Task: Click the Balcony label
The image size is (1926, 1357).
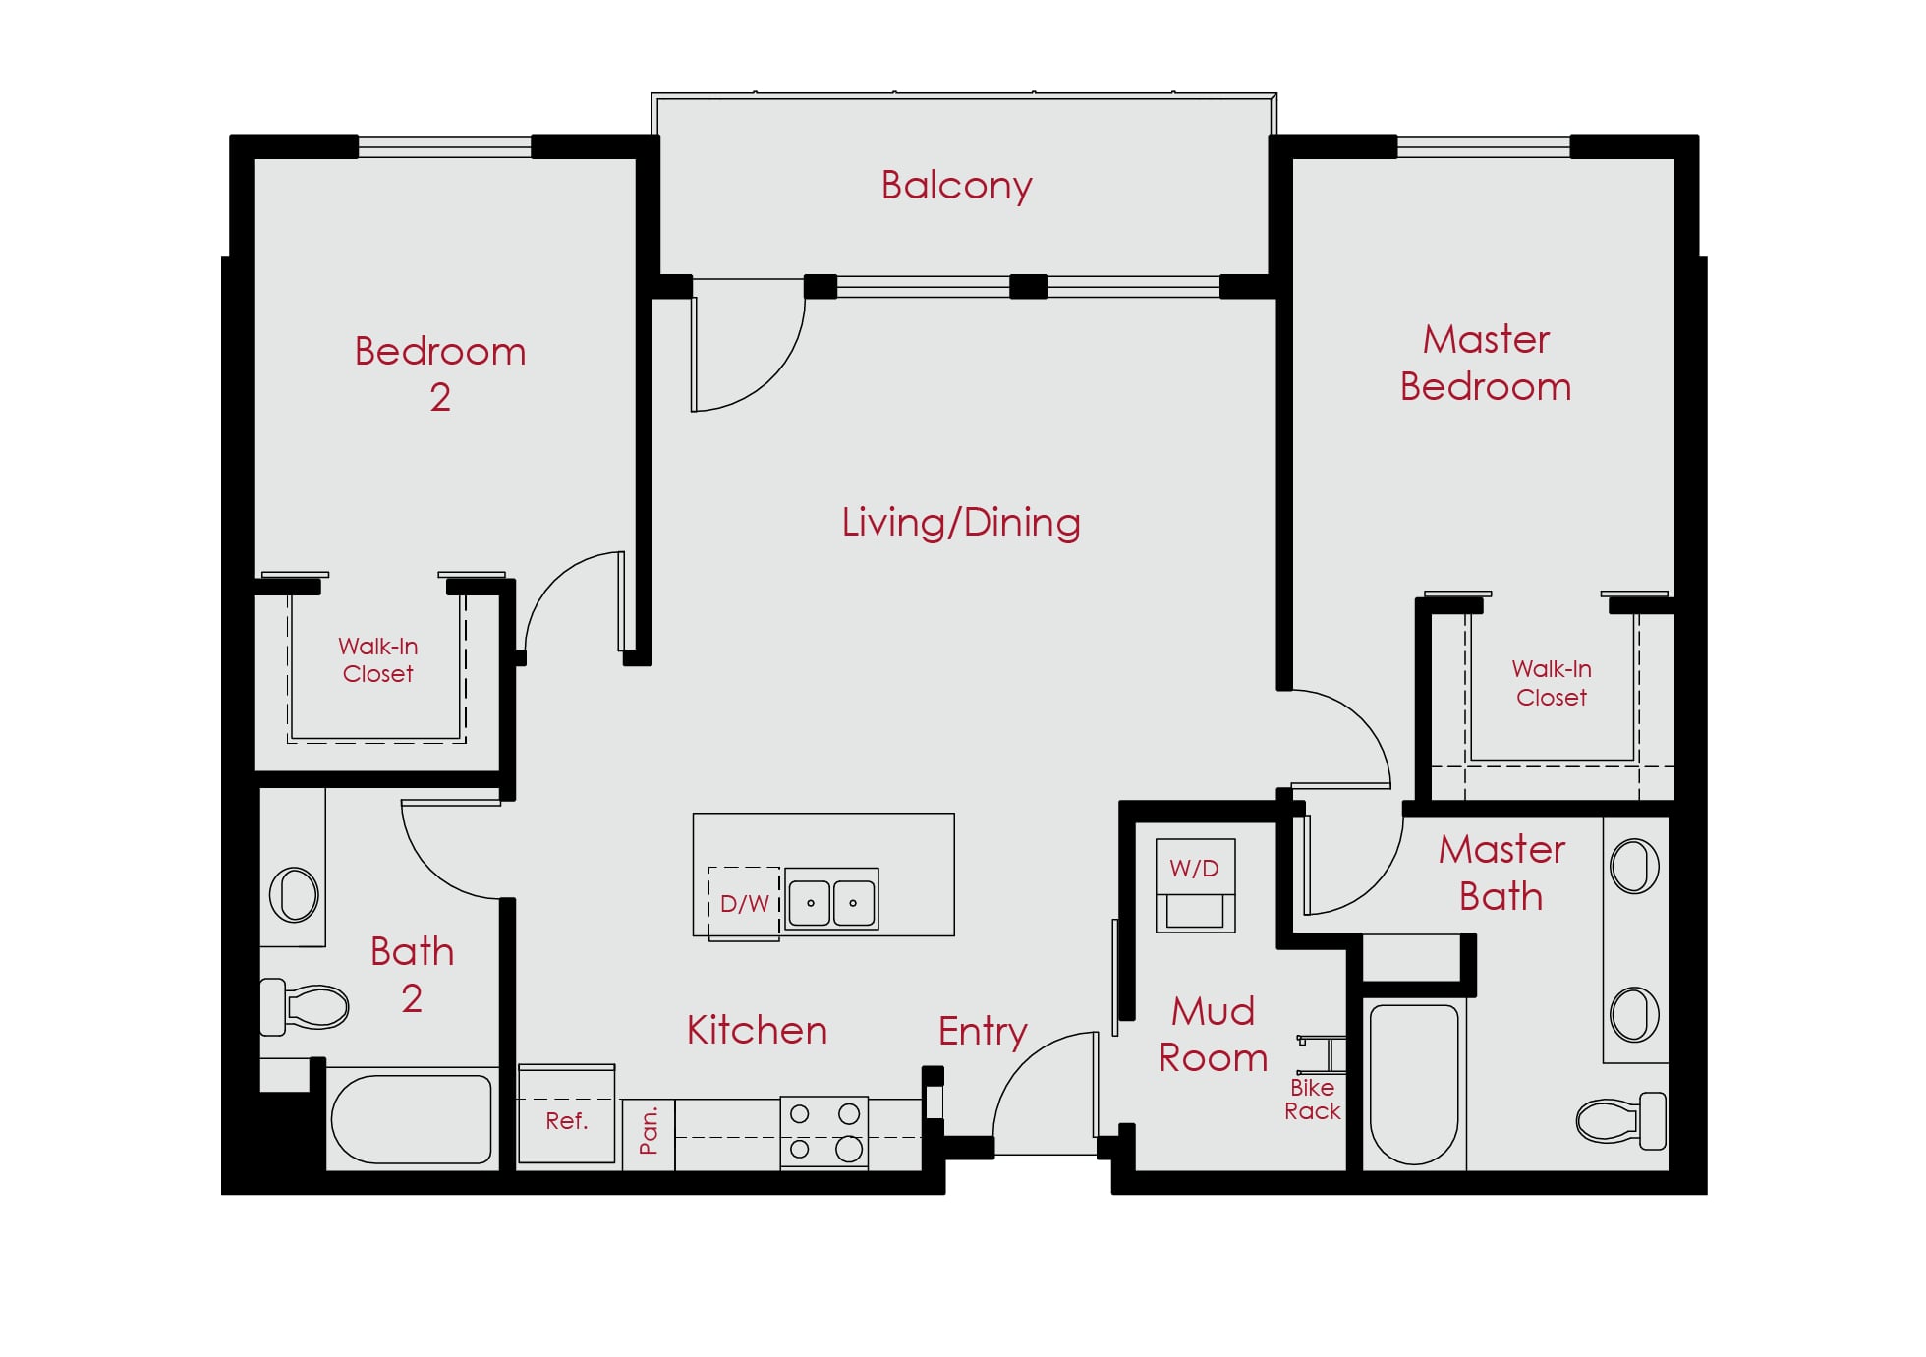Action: pyautogui.click(x=956, y=186)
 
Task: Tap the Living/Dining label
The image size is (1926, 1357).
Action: pyautogui.click(x=961, y=523)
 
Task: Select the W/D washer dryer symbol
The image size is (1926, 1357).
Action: pyautogui.click(x=1195, y=885)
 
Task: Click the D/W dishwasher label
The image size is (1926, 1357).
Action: pyautogui.click(x=744, y=904)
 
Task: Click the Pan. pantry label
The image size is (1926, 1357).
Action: pyautogui.click(x=649, y=1131)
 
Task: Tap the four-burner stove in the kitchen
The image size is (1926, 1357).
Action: pyautogui.click(x=824, y=1132)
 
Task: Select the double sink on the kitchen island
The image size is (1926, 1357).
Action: pyautogui.click(x=831, y=899)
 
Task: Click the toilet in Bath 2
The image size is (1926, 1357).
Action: pyautogui.click(x=304, y=1007)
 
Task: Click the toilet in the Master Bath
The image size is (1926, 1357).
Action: pyautogui.click(x=1621, y=1120)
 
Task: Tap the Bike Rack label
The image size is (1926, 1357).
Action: pyautogui.click(x=1313, y=1100)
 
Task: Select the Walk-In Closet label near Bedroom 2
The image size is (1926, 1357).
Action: pyautogui.click(x=378, y=660)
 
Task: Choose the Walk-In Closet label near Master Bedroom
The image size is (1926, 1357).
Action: pyautogui.click(x=1552, y=683)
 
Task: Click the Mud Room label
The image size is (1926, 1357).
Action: pyautogui.click(x=1214, y=1035)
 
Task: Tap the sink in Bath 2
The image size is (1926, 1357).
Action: pyautogui.click(x=294, y=894)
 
